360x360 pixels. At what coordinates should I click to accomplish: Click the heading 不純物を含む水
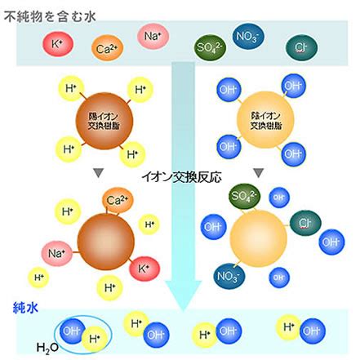[x=50, y=16]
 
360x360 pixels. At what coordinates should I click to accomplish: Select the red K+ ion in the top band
[x=58, y=43]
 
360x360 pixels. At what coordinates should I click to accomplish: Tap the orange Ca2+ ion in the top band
[x=108, y=48]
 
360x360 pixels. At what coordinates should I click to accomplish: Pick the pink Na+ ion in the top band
[x=153, y=36]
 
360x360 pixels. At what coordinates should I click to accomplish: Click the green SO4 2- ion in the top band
[x=210, y=47]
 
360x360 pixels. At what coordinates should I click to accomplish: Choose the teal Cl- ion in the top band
[x=301, y=47]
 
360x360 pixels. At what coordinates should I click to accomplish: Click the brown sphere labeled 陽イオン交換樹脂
[x=104, y=121]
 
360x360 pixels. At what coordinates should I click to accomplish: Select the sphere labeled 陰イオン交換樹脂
[x=265, y=120]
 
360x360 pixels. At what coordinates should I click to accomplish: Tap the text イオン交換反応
[x=182, y=177]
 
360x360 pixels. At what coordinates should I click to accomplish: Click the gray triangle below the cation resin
[x=99, y=173]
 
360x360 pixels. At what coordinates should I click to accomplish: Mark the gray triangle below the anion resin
[x=259, y=173]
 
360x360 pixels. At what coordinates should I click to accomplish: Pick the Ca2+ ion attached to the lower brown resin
[x=118, y=201]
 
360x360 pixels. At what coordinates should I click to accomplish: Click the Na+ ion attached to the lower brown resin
[x=57, y=254]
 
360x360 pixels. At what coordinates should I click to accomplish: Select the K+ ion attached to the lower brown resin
[x=144, y=269]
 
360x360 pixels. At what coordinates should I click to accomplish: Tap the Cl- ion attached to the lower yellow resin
[x=305, y=223]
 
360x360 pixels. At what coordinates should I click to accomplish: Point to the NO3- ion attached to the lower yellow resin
[x=229, y=276]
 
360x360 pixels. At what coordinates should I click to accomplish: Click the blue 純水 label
[x=25, y=308]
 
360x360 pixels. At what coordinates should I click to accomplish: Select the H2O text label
[x=47, y=348]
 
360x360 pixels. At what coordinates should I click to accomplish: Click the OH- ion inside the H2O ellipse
[x=72, y=331]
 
